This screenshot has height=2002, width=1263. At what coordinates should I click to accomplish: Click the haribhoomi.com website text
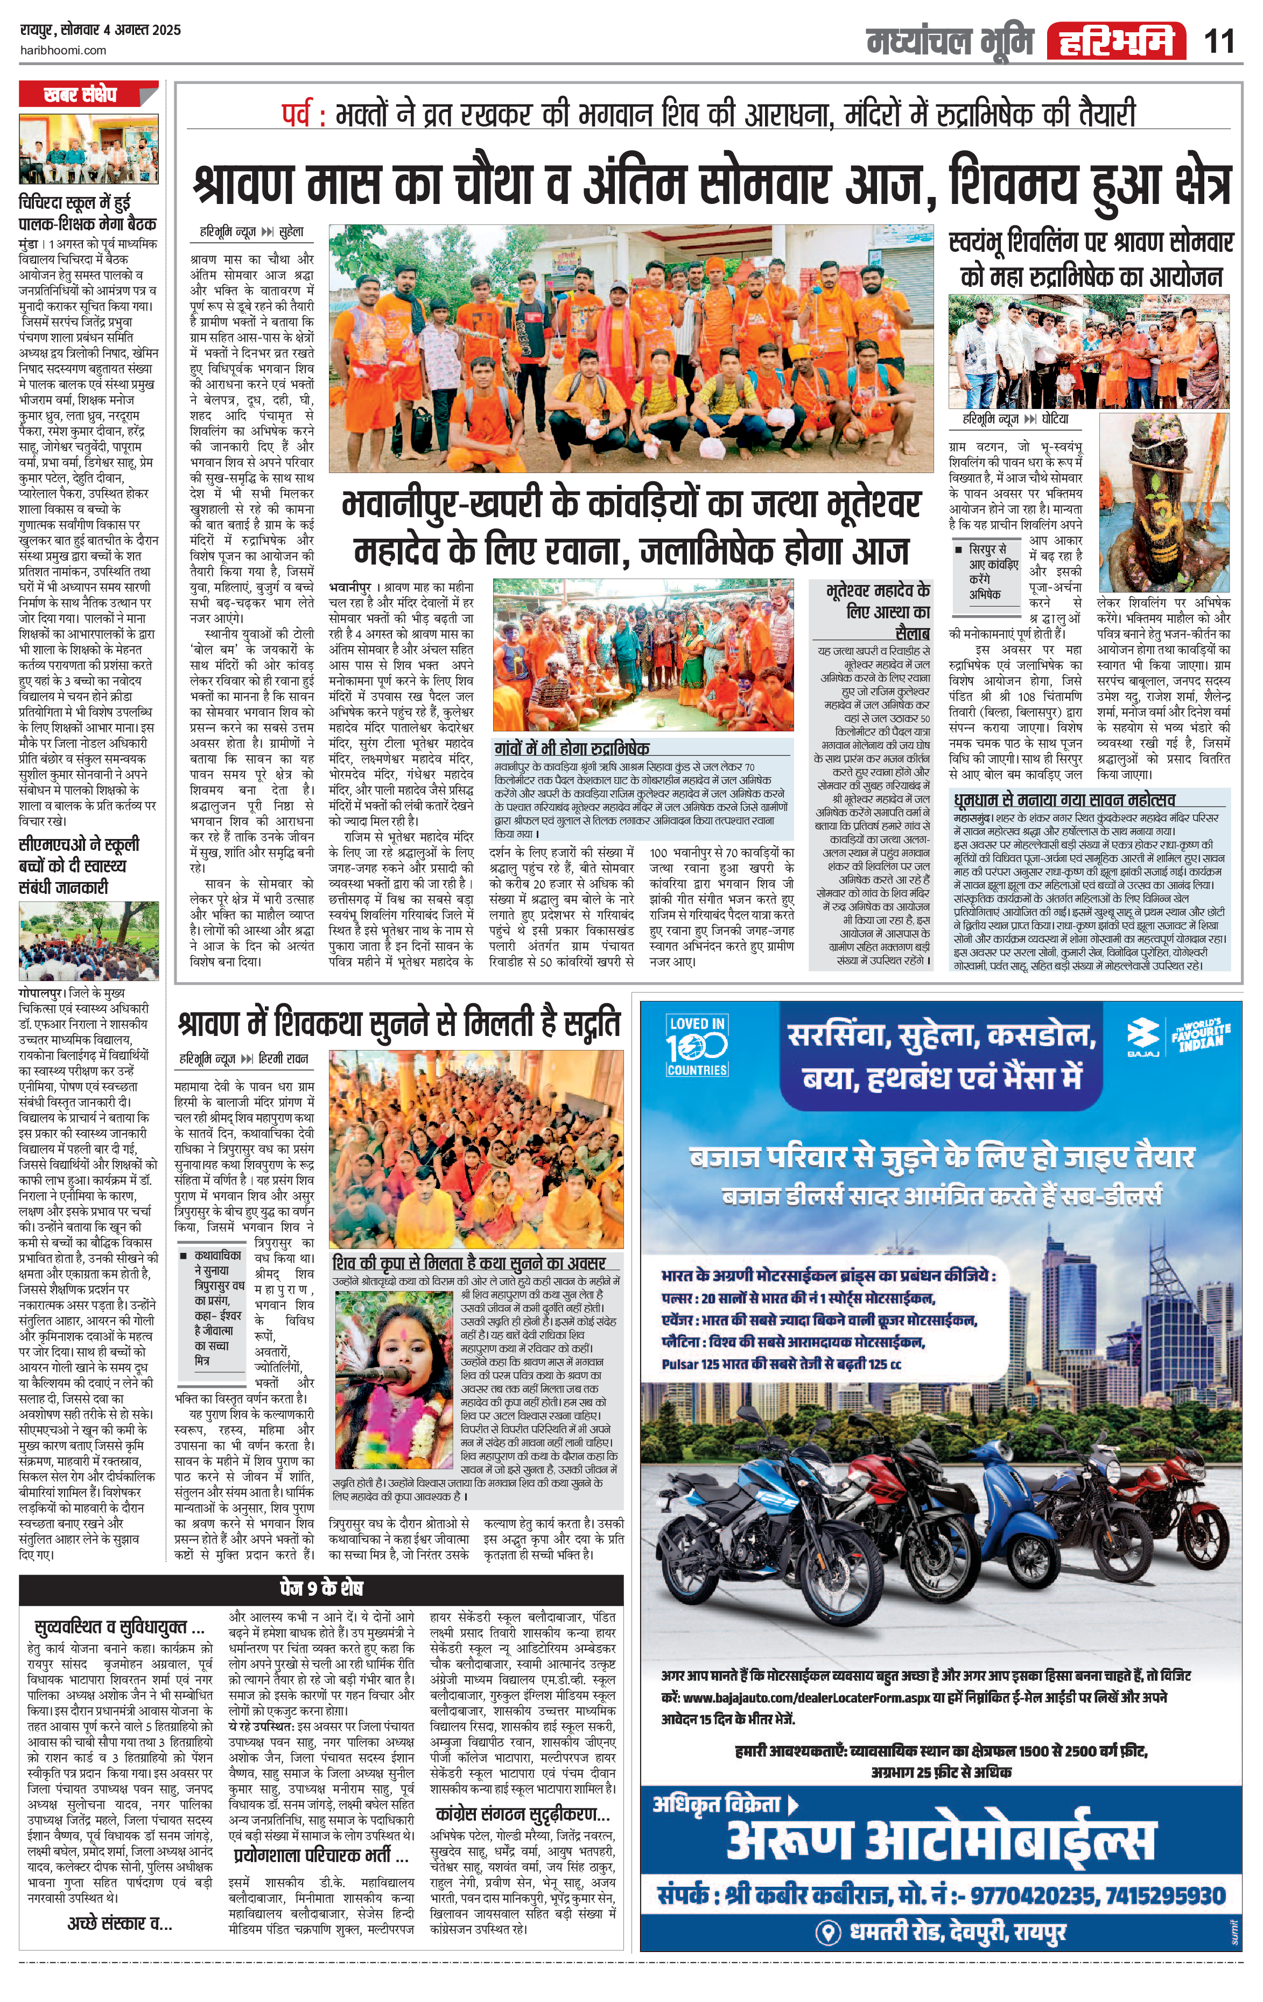[x=62, y=50]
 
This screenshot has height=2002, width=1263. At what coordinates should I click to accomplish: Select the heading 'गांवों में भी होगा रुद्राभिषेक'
[x=572, y=748]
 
